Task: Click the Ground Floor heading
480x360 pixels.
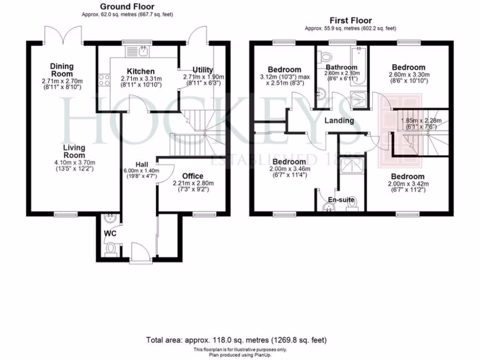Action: [127, 7]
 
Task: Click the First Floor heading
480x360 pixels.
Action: [351, 20]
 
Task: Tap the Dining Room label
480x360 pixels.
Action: [62, 70]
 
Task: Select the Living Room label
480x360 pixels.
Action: [75, 151]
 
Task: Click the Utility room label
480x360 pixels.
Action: [203, 70]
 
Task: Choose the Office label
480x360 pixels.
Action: [193, 176]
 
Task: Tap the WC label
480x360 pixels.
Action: [110, 233]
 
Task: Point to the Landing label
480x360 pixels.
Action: [339, 120]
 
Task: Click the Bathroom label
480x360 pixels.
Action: [342, 67]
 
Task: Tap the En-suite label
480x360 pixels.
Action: [341, 200]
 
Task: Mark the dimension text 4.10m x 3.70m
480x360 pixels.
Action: [75, 163]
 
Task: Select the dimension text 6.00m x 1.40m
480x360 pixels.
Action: [141, 171]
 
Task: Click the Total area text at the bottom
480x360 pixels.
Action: [237, 339]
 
